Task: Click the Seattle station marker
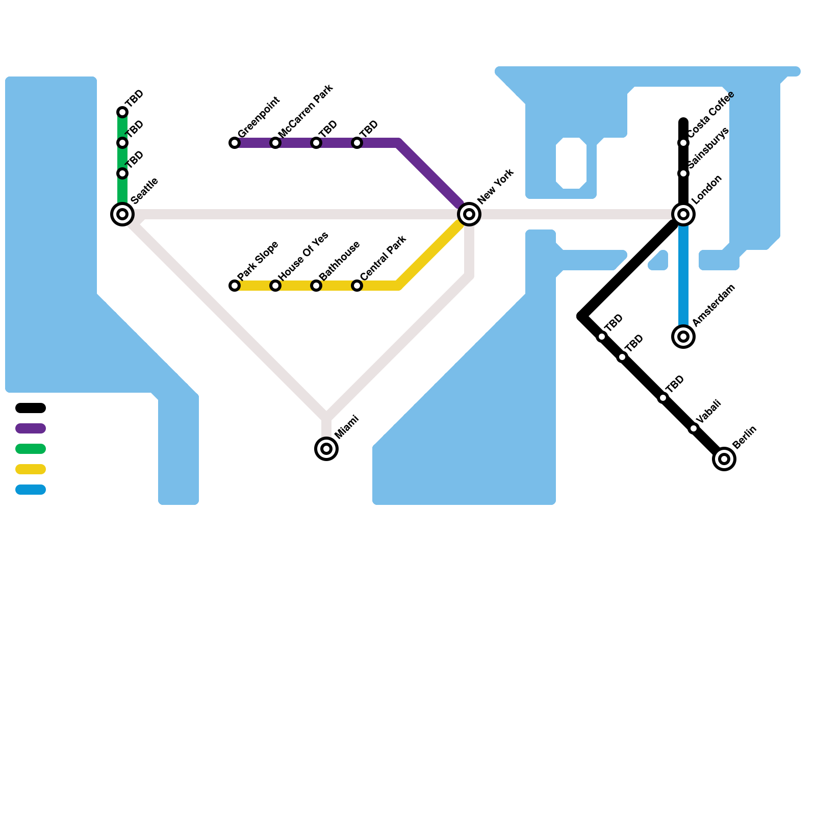(122, 214)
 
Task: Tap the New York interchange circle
(469, 214)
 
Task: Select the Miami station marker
(326, 449)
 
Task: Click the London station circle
(683, 214)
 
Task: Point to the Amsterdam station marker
(683, 337)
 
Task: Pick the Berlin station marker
(724, 459)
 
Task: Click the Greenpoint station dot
(235, 143)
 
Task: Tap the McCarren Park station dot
(275, 143)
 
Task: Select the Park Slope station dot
(235, 286)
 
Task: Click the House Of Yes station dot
(275, 286)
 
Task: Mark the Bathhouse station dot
(316, 286)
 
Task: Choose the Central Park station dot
(357, 286)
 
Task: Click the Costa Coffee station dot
(683, 143)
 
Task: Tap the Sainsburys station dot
(683, 173)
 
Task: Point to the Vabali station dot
(694, 428)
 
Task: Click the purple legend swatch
(31, 428)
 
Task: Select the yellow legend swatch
(31, 469)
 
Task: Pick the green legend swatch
(31, 449)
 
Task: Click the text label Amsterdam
(714, 305)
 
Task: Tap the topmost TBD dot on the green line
(122, 112)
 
